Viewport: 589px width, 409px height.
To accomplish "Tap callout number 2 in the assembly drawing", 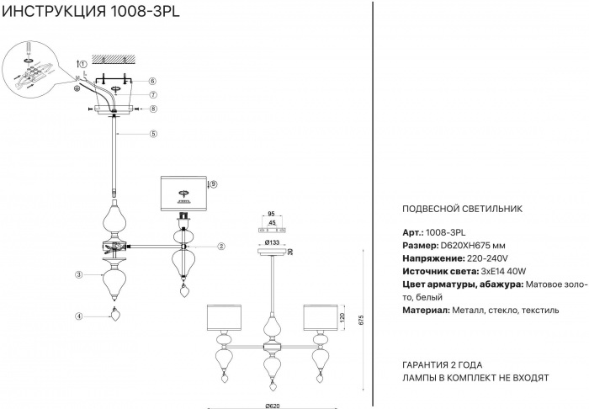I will click(x=220, y=247).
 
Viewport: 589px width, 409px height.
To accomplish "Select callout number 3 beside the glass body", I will click(x=77, y=274).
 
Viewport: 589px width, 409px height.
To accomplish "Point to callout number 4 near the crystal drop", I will click(x=77, y=316).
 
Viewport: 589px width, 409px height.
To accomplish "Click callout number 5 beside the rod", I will click(x=154, y=134).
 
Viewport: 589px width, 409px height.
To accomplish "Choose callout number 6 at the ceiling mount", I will click(x=153, y=81).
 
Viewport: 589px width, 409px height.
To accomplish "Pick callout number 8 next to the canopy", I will click(x=153, y=109).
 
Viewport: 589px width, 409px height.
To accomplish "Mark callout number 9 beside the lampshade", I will click(x=214, y=183).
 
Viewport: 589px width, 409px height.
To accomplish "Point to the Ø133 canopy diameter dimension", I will click(x=272, y=243).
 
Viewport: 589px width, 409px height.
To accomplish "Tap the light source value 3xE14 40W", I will click(x=503, y=272).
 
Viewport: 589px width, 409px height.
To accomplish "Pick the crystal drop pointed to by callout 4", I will click(x=115, y=318).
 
